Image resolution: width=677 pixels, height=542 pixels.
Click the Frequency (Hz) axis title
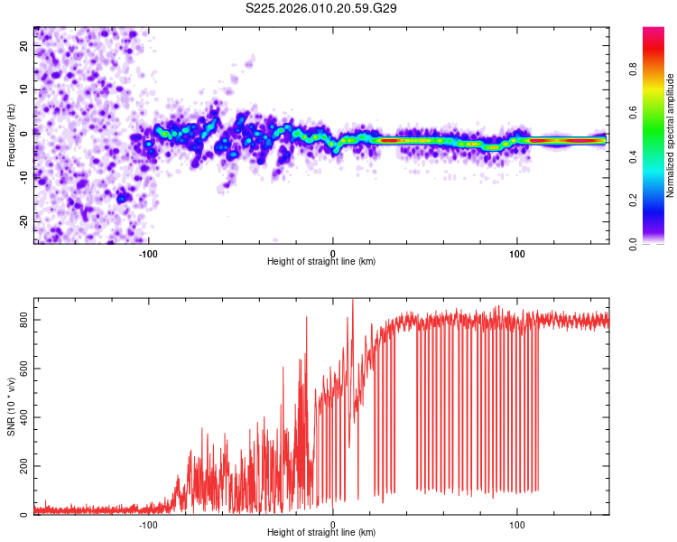11,135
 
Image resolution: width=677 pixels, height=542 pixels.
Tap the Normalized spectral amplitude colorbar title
671,135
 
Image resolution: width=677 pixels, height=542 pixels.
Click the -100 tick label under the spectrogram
148,253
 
